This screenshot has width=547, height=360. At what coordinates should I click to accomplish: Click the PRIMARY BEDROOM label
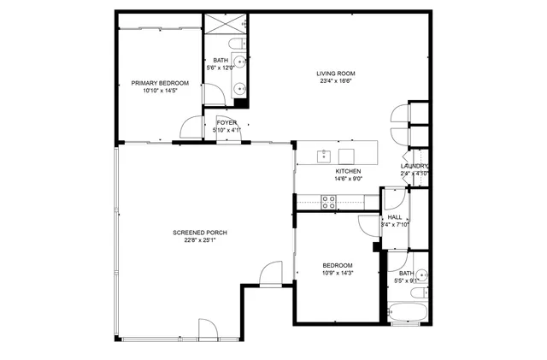[x=159, y=83]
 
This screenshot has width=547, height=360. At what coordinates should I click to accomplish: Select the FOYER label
[x=226, y=123]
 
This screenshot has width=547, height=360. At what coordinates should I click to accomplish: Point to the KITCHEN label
[x=348, y=172]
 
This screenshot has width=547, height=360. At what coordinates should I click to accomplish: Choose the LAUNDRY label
[x=415, y=166]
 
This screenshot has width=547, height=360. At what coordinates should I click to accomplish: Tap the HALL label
[x=394, y=218]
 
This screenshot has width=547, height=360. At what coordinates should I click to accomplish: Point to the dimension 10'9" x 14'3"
[x=338, y=274]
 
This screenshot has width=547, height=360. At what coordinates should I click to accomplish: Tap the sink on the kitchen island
[x=324, y=156]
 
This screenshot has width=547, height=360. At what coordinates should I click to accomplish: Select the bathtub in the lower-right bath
[x=407, y=314]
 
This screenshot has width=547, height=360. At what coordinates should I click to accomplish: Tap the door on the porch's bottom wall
[x=209, y=329]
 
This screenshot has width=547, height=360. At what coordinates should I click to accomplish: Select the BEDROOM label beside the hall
[x=338, y=266]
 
